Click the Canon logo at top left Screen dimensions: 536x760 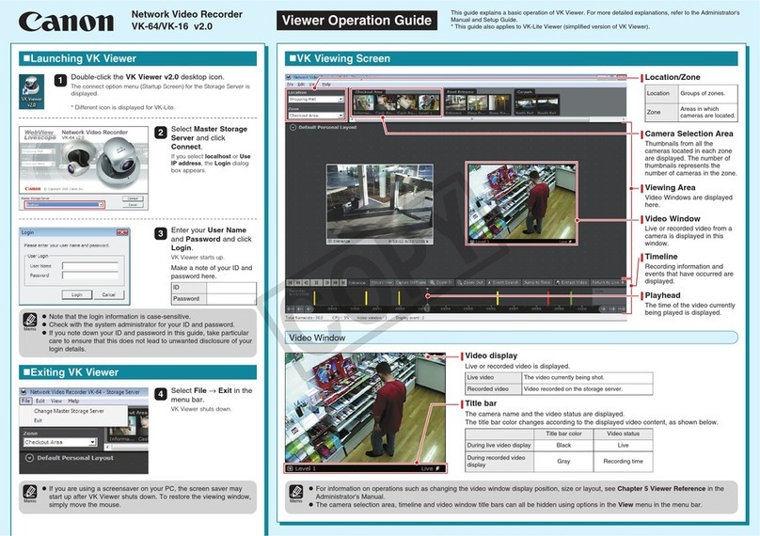pos(63,21)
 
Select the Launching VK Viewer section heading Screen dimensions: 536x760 pos(75,58)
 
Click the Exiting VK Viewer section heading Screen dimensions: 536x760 pos(75,372)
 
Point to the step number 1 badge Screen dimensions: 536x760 pos(60,81)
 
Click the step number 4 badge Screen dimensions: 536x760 pos(161,393)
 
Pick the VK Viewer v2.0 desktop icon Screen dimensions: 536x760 pos(32,90)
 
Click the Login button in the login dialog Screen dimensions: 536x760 pos(76,294)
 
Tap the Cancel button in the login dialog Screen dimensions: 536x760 pos(108,294)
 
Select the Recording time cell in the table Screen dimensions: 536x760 pos(623,462)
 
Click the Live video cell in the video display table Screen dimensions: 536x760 pos(493,377)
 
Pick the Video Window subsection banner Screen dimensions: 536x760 pos(318,338)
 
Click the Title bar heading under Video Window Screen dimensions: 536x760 pos(483,402)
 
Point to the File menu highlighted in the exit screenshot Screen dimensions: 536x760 pos(26,401)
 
